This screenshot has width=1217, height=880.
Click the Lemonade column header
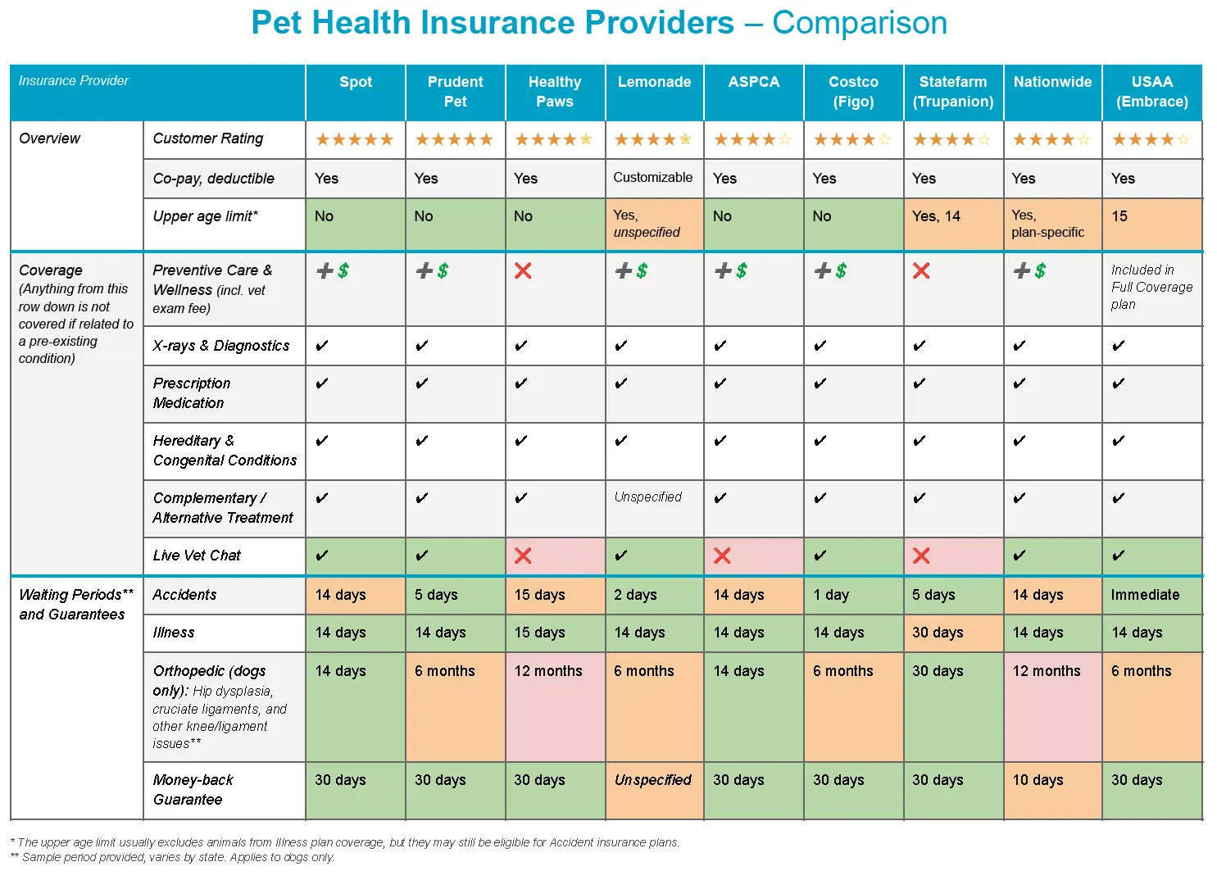(x=654, y=82)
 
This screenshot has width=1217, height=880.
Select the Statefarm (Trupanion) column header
(x=952, y=92)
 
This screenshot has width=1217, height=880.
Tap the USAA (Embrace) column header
(x=1151, y=92)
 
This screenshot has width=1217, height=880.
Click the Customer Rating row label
(x=208, y=138)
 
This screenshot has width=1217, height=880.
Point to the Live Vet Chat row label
(x=197, y=556)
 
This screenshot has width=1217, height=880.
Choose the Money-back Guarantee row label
(x=193, y=790)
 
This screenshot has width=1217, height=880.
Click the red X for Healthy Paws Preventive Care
(x=523, y=270)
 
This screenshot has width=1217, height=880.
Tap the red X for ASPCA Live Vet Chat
(x=722, y=556)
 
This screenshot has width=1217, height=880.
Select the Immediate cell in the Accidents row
(x=1145, y=595)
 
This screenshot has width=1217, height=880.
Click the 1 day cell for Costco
(x=831, y=595)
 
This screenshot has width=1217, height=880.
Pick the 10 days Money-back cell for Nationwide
(x=1038, y=780)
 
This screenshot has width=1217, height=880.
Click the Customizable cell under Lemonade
(x=652, y=178)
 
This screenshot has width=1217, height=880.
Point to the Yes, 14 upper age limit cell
(x=936, y=216)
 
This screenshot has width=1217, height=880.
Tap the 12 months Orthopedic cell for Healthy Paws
(x=548, y=671)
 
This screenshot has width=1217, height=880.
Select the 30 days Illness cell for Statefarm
(x=938, y=633)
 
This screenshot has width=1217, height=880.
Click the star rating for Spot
(x=355, y=140)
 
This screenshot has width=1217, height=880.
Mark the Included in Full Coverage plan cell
(x=1151, y=287)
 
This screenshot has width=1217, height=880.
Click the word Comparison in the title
(x=859, y=23)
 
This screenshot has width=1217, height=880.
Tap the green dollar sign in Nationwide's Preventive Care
(x=1040, y=270)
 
